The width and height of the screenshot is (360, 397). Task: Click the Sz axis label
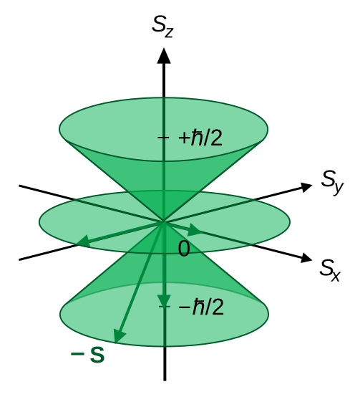162,27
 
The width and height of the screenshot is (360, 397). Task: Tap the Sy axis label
332,182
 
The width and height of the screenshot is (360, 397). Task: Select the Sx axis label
330,270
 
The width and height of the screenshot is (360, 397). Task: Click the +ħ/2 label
200,138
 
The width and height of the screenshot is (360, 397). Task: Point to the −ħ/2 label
201,307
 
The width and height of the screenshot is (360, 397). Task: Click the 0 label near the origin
184,249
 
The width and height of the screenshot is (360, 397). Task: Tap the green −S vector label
87,354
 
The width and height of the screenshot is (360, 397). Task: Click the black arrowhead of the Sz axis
164,56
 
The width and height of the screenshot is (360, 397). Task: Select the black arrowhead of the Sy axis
306,187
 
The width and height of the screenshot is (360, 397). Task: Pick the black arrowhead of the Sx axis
306,258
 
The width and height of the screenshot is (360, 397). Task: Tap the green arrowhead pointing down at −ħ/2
164,301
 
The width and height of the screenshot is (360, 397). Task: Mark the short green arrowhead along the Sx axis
194,230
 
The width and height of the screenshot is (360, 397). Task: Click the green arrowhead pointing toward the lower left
84,241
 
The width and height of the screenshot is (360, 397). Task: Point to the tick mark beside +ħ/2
163,138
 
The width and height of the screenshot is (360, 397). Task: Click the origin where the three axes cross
164,222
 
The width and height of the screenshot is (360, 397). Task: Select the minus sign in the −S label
77,354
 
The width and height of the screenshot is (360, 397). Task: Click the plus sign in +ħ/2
184,138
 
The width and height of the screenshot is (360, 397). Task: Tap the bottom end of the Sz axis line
165,381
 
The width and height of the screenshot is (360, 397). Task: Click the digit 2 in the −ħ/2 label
217,307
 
